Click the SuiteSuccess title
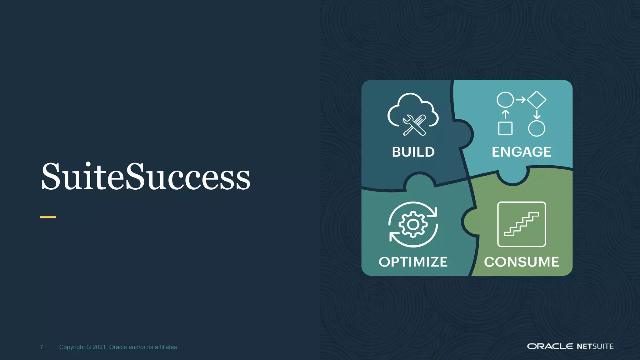[x=146, y=177]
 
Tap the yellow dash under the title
[x=48, y=217]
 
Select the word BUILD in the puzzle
[x=413, y=152]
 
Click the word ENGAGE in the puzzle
[x=521, y=152]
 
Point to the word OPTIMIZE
[x=413, y=262]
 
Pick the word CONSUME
[x=521, y=262]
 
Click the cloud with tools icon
[x=413, y=114]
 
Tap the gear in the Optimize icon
[x=413, y=224]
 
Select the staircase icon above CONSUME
[x=521, y=224]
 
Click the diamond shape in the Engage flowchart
[x=537, y=100]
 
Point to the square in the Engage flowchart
[x=505, y=128]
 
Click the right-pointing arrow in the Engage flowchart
[x=521, y=100]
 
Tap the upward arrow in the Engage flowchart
[x=505, y=114]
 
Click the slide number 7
[x=42, y=347]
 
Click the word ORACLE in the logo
[x=550, y=346]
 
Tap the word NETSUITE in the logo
[x=595, y=346]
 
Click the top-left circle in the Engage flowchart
[x=505, y=100]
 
